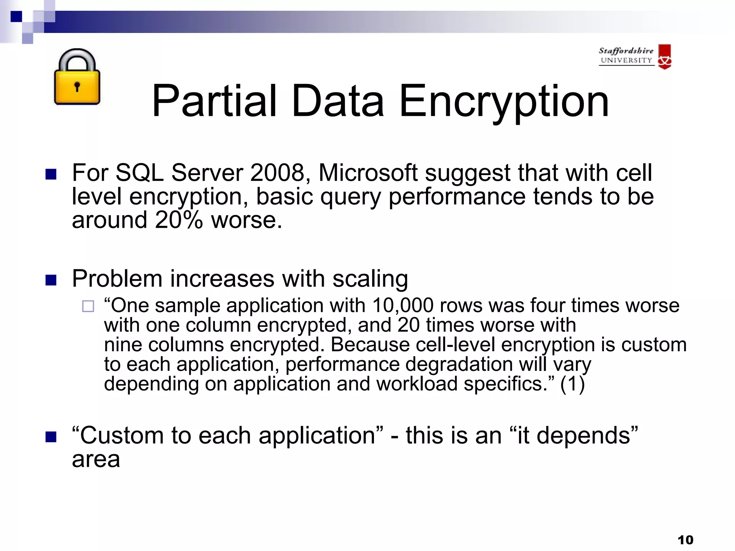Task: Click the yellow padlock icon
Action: click(x=77, y=77)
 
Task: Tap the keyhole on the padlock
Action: click(x=77, y=86)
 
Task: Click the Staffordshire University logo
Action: click(x=635, y=57)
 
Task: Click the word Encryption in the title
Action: click(x=504, y=102)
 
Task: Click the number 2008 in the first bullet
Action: click(x=277, y=173)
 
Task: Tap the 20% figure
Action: click(x=179, y=220)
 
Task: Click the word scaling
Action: click(x=370, y=279)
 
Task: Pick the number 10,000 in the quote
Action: click(x=403, y=306)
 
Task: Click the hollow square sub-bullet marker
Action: click(x=88, y=306)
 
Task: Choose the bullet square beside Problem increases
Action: click(x=51, y=280)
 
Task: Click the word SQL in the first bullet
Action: click(x=139, y=173)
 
